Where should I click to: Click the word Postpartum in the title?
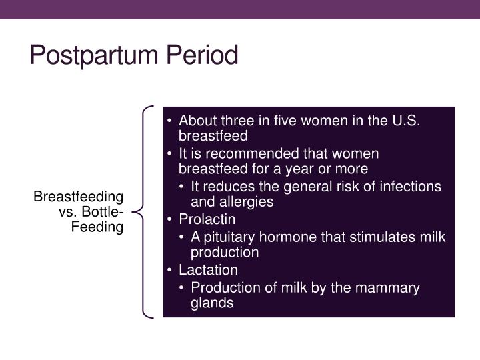coord(94,55)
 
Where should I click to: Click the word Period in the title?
coord(202,55)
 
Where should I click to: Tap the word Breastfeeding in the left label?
coord(79,197)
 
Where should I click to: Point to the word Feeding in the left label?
coord(97,227)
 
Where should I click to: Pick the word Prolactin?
coord(207,219)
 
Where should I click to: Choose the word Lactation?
coord(208,270)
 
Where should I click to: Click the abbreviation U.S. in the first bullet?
coord(406,121)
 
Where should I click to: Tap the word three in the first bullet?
coord(238,121)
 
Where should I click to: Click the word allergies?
coord(247,202)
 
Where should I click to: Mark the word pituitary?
coord(229,237)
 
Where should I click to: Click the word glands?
coord(212,303)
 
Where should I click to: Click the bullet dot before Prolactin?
coord(169,219)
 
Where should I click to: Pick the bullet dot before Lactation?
coord(169,270)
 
